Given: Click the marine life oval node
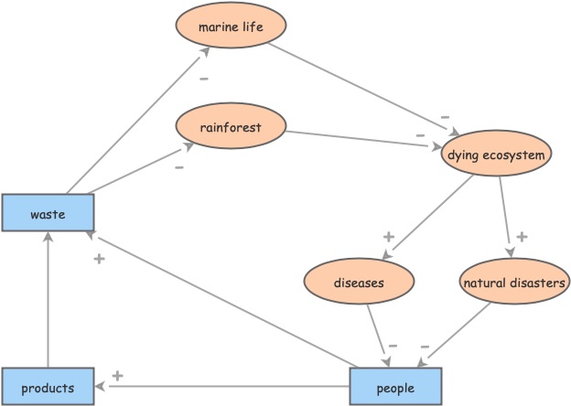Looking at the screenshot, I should [231, 27].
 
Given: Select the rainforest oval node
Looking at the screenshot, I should [231, 127].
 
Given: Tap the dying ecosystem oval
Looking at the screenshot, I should [497, 155].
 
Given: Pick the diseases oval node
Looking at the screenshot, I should [359, 283].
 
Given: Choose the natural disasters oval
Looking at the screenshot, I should [512, 283].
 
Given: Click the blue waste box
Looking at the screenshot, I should [48, 214].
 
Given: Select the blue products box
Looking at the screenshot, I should [48, 387].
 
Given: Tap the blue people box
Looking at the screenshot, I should [395, 387].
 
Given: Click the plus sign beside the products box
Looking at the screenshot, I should [117, 375].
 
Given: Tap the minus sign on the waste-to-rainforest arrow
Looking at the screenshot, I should [179, 167].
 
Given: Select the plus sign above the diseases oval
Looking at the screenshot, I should [388, 237].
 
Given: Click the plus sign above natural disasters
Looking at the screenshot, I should [522, 237].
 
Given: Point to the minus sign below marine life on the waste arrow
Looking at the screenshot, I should [203, 79].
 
